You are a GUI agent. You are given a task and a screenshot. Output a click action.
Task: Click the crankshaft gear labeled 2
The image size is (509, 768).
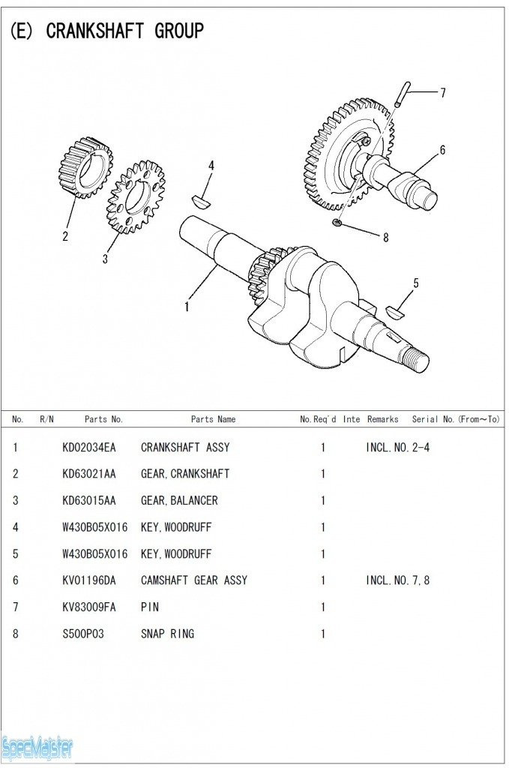[85, 167]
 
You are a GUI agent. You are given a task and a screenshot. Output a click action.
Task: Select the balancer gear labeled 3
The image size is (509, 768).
[135, 196]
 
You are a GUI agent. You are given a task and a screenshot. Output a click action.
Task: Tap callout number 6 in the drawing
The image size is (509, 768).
[442, 150]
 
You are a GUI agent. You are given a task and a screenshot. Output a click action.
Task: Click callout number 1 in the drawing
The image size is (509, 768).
[187, 306]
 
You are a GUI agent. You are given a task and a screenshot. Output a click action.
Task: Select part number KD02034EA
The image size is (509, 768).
[88, 448]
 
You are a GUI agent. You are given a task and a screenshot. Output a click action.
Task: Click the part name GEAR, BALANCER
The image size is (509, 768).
[179, 501]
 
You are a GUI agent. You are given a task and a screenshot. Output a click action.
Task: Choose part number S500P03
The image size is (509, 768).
[82, 634]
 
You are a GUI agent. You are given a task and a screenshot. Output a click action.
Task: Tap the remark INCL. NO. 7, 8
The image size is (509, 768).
[397, 580]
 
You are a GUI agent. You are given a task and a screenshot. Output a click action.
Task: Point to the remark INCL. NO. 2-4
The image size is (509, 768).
[397, 448]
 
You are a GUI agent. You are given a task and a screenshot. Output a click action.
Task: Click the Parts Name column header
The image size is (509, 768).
[213, 419]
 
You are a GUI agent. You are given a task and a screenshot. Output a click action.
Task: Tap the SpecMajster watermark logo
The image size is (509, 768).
[37, 747]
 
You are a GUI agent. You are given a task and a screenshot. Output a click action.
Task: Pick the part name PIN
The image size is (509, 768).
[150, 607]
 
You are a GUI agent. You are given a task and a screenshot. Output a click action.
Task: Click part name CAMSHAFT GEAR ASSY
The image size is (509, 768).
[193, 580]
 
